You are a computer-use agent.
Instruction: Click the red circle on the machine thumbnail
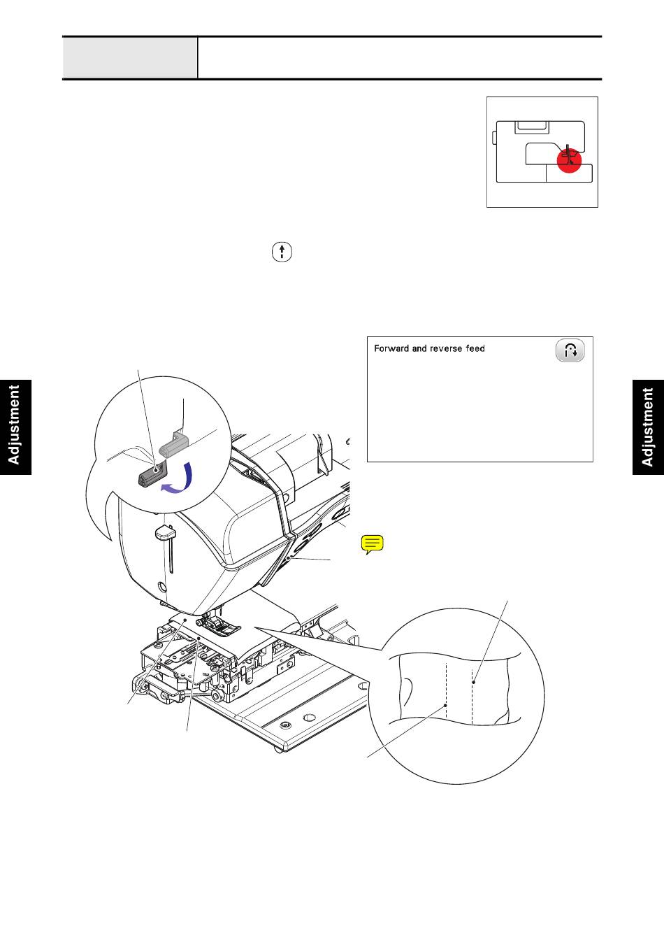coord(570,160)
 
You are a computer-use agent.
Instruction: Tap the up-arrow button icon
coord(281,252)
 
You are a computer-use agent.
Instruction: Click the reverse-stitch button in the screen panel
coord(570,350)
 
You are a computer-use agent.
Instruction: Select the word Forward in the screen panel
coord(391,348)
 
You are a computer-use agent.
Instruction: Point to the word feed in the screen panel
coord(476,348)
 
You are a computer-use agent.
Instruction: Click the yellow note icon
coord(373,544)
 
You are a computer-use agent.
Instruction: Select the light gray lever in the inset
coord(175,442)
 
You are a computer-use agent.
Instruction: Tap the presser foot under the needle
coord(219,627)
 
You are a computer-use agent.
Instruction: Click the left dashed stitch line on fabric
coord(446,692)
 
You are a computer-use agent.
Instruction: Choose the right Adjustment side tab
coord(648,427)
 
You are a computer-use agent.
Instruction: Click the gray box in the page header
coord(130,57)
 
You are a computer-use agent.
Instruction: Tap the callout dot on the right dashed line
coord(473,682)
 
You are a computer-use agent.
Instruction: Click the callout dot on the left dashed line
coord(446,706)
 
